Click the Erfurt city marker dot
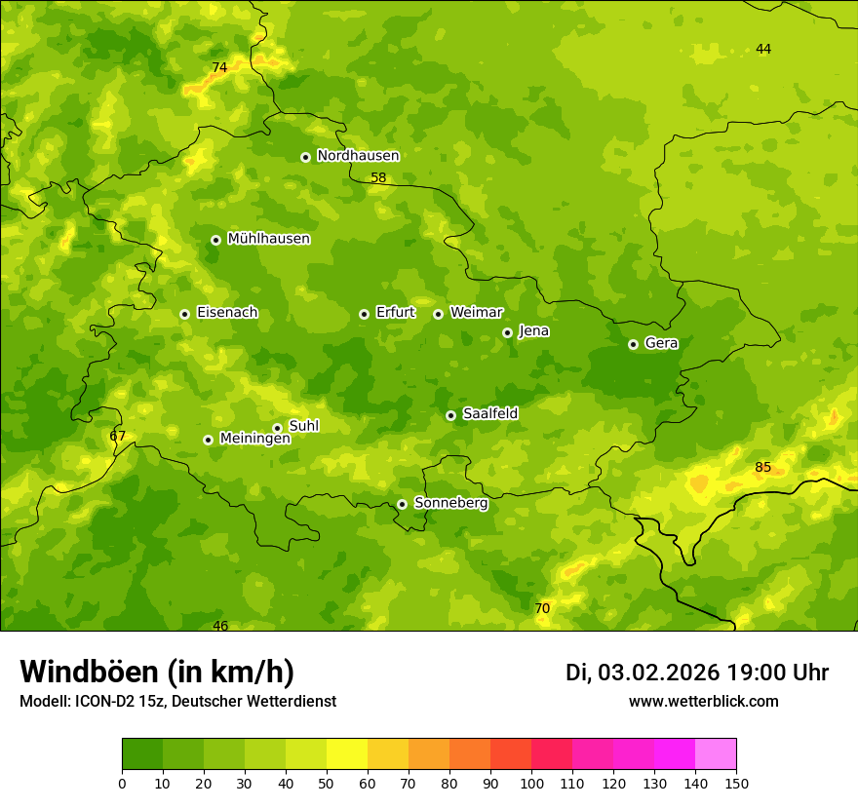364,314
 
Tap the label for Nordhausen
358,156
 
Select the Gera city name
661,343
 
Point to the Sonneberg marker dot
402,504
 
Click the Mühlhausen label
268,239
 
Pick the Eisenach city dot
184,314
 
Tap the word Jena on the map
533,331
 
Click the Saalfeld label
489,414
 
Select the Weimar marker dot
438,314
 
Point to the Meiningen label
254,439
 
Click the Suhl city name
303,426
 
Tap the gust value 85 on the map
762,468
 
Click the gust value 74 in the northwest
219,67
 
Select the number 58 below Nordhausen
378,178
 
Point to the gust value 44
763,50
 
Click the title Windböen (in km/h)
156,672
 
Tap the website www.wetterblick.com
703,701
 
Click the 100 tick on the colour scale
531,783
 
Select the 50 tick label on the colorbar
327,783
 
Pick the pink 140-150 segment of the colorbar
715,754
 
